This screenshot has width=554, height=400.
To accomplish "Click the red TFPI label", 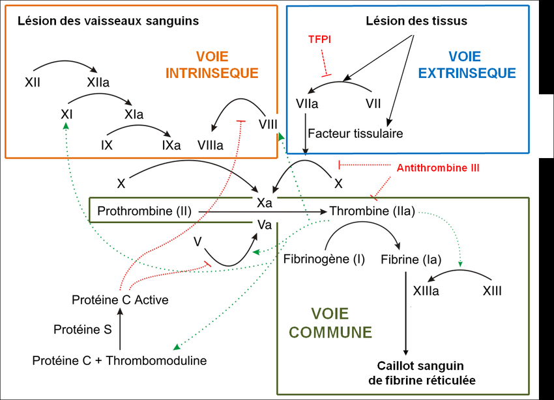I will point(320,39).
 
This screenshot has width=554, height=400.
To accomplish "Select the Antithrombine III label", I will point(438,168).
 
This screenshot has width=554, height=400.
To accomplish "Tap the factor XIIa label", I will point(98,83).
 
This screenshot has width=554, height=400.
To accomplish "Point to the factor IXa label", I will point(171,145).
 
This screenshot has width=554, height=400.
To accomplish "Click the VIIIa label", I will point(210,146).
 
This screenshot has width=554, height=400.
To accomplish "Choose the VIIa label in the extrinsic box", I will point(306,104).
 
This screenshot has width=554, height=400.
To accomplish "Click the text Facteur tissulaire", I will point(355,133).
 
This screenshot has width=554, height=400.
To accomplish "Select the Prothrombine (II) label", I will point(143,211).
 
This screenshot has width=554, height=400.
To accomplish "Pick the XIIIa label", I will point(426,291).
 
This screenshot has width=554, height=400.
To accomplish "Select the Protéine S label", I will point(82,330).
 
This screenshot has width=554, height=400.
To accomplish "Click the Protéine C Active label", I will point(120,300).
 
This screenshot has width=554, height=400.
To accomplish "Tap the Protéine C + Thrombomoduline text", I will point(120,360).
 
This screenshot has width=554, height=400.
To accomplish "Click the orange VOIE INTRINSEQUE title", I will point(212,65).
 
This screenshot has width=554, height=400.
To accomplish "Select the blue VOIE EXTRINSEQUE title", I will point(467,65).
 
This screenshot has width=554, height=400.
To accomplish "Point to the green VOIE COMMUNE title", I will point(330,323).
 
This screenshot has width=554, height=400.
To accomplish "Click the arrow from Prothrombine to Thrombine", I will point(261,211).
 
